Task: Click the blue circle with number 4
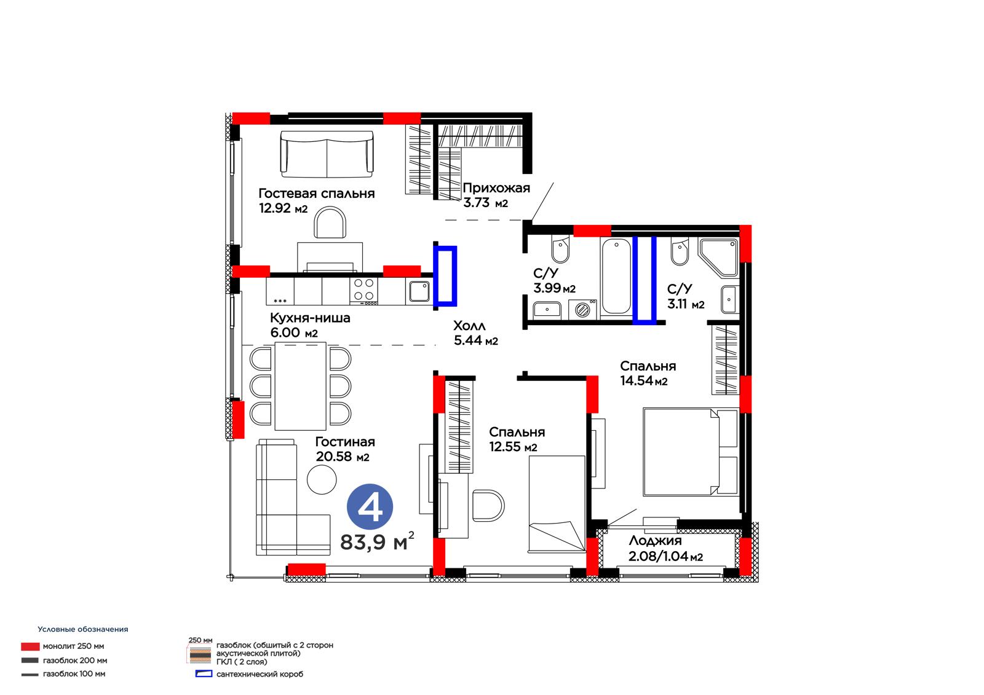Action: tap(370, 506)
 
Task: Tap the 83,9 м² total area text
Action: tap(377, 541)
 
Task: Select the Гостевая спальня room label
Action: tap(316, 193)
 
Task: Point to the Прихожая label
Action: tap(496, 188)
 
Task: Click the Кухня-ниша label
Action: tap(310, 318)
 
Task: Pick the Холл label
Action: tap(469, 326)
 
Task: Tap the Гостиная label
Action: tap(345, 442)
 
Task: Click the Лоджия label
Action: tap(655, 541)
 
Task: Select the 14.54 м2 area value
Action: tap(643, 380)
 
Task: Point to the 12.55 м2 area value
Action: tap(513, 447)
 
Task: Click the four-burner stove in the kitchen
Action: tap(363, 291)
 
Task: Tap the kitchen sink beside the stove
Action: tap(419, 291)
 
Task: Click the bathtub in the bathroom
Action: tap(616, 277)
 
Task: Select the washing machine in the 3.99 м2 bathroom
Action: tap(582, 309)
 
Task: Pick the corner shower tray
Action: tap(718, 258)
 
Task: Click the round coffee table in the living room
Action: tap(322, 479)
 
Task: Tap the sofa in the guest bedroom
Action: tap(327, 154)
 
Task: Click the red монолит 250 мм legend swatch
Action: tap(30, 646)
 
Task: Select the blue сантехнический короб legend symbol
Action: tap(204, 674)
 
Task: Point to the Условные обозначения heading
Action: tap(83, 629)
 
